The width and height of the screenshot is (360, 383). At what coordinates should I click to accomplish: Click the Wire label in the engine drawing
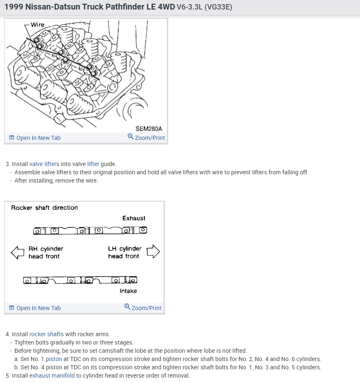[x=37, y=25]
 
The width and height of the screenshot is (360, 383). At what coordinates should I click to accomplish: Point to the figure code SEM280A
[x=149, y=129]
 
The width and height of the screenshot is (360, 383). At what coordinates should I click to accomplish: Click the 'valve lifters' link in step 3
[x=44, y=164]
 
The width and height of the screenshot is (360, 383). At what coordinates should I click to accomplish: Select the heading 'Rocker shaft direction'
[x=44, y=207]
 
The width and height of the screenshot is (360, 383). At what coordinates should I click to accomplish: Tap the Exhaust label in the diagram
[x=134, y=218]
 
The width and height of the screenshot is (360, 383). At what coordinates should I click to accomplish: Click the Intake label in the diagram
[x=128, y=291]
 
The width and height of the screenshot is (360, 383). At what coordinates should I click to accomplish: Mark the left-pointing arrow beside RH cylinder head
[x=18, y=252]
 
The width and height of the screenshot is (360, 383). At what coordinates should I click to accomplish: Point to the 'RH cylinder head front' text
[x=46, y=253]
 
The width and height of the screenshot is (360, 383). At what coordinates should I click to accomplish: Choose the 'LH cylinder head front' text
[x=124, y=253]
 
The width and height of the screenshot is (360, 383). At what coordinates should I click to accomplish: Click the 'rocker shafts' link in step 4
[x=46, y=334]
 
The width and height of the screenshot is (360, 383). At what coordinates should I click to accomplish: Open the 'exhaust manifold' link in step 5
[x=52, y=376]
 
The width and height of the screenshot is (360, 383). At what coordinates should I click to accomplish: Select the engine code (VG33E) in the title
[x=218, y=7]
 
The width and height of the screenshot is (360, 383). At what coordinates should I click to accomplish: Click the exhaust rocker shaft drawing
[x=90, y=230]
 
